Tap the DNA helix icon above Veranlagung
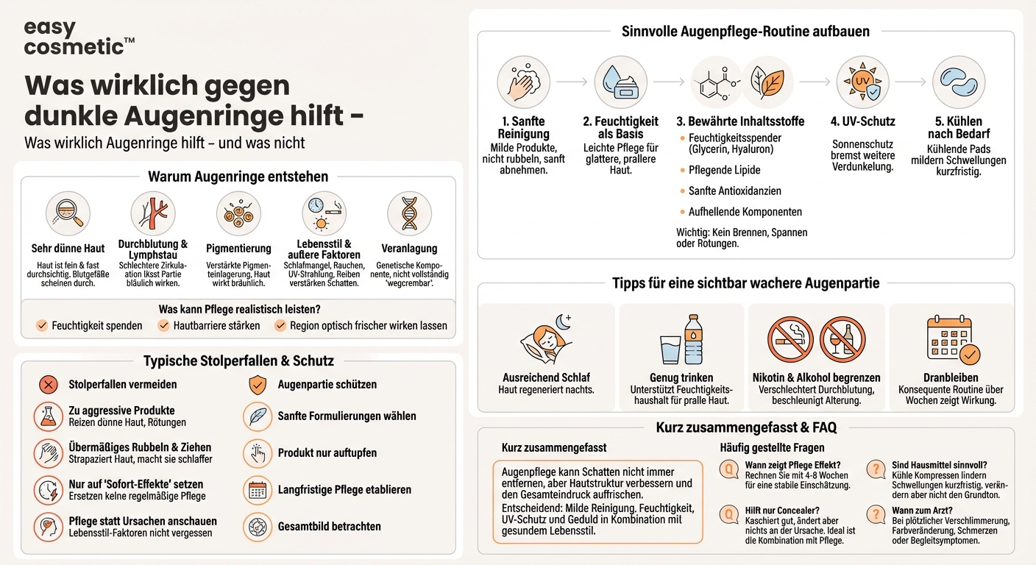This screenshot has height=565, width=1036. click(409, 214)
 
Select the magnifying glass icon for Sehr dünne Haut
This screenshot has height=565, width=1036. click(68, 214)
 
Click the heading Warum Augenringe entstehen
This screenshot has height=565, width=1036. click(238, 177)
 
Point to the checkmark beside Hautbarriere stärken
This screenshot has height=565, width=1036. click(163, 325)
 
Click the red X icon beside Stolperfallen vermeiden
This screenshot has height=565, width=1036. click(48, 384)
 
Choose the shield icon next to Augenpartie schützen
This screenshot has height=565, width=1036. click(257, 384)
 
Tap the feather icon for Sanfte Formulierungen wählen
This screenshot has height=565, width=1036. click(257, 416)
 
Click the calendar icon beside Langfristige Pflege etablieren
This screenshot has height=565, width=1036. click(257, 490)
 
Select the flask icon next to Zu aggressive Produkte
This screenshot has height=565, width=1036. click(48, 416)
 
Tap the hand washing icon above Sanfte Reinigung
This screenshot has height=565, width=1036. click(523, 82)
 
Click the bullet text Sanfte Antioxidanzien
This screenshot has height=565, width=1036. click(734, 191)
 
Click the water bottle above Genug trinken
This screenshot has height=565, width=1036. click(694, 339)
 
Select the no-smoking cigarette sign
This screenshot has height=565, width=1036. click(790, 339)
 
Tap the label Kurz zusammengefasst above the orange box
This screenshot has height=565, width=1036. click(554, 447)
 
